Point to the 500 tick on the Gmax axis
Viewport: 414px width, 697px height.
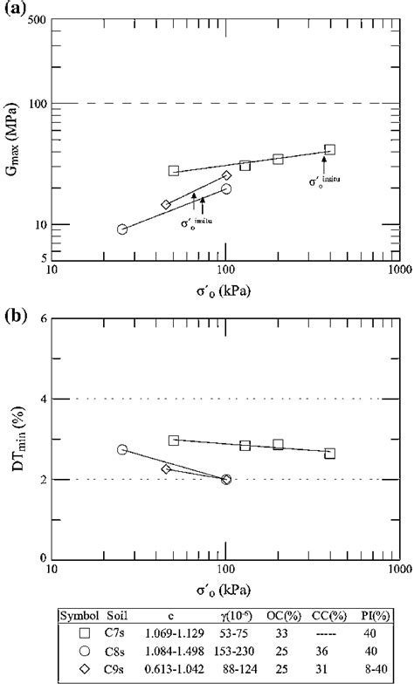[39, 19]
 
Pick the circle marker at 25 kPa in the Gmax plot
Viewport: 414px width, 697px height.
[122, 229]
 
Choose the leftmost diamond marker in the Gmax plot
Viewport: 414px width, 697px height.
[166, 205]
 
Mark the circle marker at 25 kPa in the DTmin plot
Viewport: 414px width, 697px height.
[122, 449]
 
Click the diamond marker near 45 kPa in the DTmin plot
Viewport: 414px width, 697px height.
[166, 468]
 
